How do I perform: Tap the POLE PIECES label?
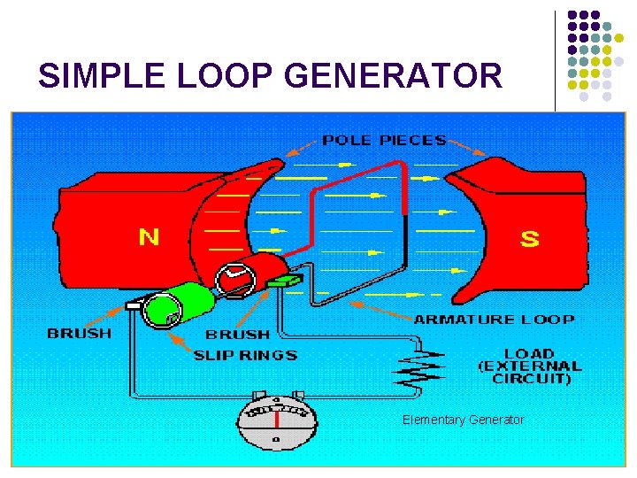pyautogui.click(x=383, y=140)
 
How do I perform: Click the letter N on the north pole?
pyautogui.click(x=149, y=236)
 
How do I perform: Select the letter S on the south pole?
pyautogui.click(x=529, y=239)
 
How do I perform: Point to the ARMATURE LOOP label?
pyautogui.click(x=494, y=320)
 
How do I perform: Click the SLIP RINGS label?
pyautogui.click(x=246, y=355)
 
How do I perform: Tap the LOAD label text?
pyautogui.click(x=529, y=353)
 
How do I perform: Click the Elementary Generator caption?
pyautogui.click(x=463, y=420)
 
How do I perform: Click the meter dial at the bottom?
pyautogui.click(x=276, y=421)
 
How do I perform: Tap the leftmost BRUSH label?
pyautogui.click(x=80, y=334)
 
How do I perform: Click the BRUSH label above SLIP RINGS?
pyautogui.click(x=237, y=335)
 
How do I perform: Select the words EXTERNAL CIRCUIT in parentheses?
pyautogui.click(x=529, y=372)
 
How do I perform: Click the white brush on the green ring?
pyautogui.click(x=135, y=305)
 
